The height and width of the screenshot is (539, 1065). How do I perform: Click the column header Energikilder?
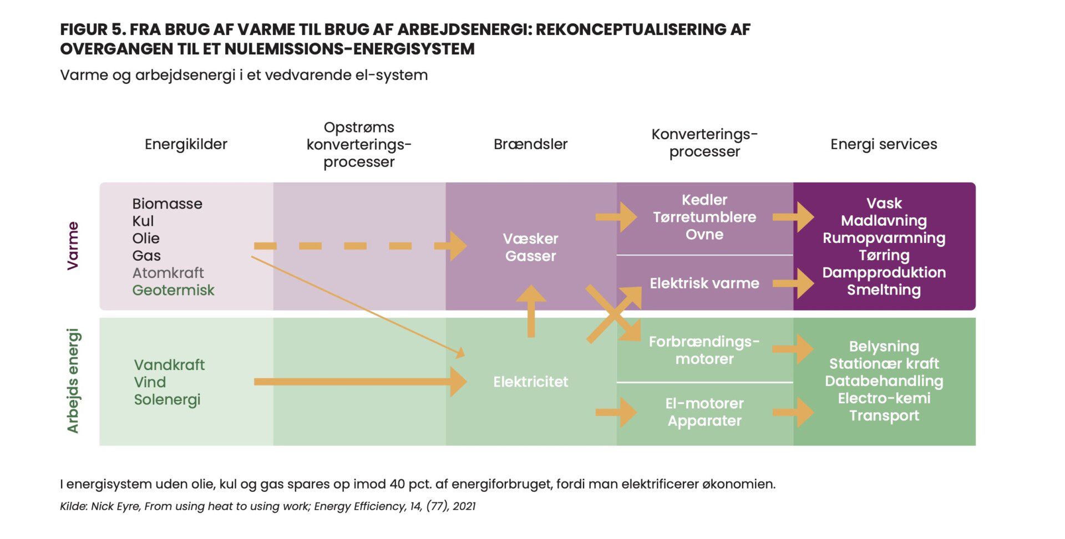(186, 144)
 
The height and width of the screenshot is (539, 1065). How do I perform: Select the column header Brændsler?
(530, 144)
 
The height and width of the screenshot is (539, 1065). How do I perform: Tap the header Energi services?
(884, 144)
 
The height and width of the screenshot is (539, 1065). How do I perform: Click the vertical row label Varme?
(73, 246)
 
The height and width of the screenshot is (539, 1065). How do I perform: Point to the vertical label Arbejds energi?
(73, 381)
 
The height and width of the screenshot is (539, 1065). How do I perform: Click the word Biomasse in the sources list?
(167, 204)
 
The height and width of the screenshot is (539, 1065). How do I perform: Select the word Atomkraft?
(168, 273)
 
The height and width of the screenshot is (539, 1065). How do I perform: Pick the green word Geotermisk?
(173, 290)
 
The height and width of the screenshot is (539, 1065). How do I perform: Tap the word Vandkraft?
(169, 365)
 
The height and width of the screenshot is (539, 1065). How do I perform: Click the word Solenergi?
(167, 400)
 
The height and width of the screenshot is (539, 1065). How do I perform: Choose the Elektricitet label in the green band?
(530, 382)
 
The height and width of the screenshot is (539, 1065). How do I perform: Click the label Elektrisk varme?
(704, 283)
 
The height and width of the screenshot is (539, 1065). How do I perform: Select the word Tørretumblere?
(704, 217)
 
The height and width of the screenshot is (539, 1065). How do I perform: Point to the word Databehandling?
(884, 381)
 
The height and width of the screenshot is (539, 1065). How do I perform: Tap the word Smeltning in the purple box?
(884, 290)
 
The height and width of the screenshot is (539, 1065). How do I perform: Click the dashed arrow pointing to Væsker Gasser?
(360, 246)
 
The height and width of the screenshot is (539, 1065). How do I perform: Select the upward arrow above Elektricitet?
(531, 311)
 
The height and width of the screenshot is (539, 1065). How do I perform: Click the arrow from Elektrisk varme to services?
(793, 283)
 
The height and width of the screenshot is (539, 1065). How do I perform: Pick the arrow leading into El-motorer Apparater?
(616, 412)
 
